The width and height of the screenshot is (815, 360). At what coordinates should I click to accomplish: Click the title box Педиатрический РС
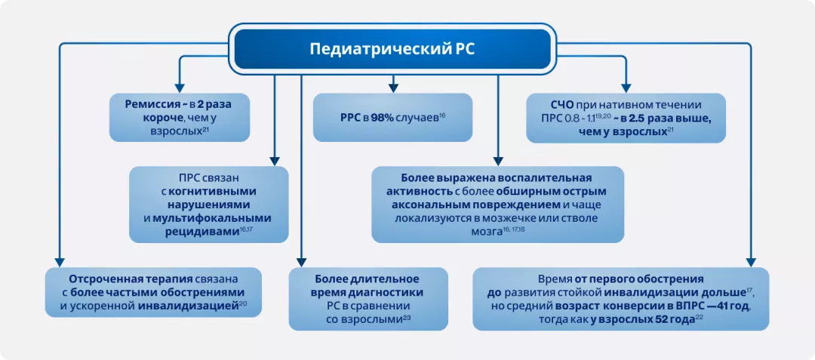pyautogui.click(x=392, y=49)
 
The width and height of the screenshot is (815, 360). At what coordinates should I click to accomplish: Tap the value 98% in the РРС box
pyautogui.click(x=381, y=118)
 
